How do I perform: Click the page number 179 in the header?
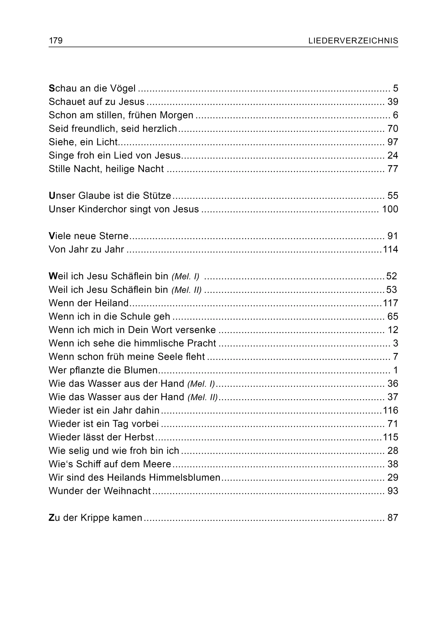[x=56, y=41]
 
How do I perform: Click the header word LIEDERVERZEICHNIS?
[x=353, y=41]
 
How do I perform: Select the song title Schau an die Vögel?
[x=92, y=88]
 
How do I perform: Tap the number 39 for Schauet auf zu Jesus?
[x=393, y=102]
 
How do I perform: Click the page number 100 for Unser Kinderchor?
[x=390, y=209]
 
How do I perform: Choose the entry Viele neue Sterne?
[x=89, y=236]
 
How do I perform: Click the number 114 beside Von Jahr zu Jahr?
[x=390, y=249]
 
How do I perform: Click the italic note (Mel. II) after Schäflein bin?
[x=187, y=290]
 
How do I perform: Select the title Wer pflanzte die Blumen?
[x=103, y=370]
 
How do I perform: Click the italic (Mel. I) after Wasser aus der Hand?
[x=201, y=384]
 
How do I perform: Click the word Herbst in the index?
[x=139, y=437]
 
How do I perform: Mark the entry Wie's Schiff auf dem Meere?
[x=110, y=464]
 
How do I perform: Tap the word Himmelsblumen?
[x=185, y=477]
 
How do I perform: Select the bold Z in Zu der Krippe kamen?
[x=51, y=518]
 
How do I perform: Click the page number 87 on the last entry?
[x=393, y=518]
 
